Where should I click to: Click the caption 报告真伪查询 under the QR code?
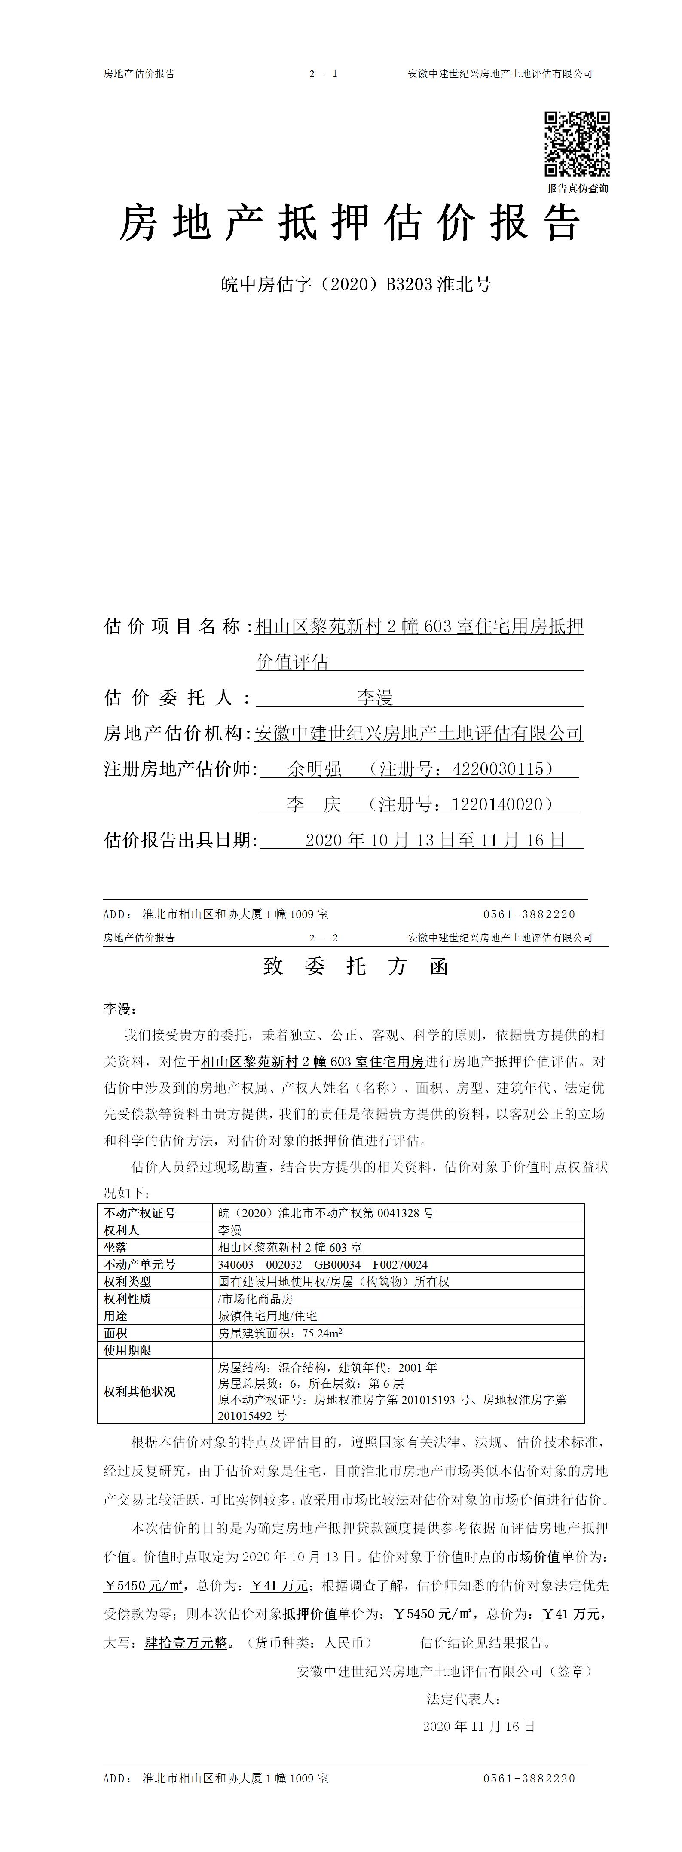pos(577,189)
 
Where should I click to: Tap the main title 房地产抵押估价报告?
pos(350,223)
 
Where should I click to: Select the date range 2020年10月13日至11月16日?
pos(436,840)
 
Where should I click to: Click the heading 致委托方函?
pos(355,966)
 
